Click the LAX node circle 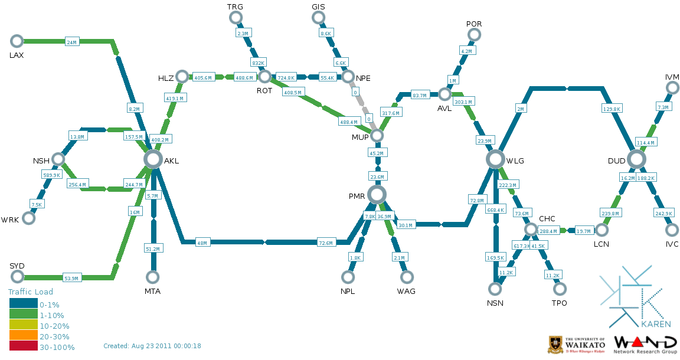click(x=17, y=41)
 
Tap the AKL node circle click(x=153, y=159)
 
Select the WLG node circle click(x=496, y=159)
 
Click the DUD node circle click(x=636, y=159)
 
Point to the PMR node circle click(x=377, y=194)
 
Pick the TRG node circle click(x=236, y=18)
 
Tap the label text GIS click(x=318, y=6)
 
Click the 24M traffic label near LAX click(x=72, y=42)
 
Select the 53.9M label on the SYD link click(x=71, y=278)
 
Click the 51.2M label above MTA click(x=153, y=249)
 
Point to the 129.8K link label click(x=612, y=109)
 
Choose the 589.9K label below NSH click(x=52, y=175)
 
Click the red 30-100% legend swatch click(x=24, y=346)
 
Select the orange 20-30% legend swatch click(x=24, y=336)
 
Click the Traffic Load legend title click(x=31, y=292)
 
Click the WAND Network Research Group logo click(x=645, y=345)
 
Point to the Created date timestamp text click(x=152, y=346)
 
